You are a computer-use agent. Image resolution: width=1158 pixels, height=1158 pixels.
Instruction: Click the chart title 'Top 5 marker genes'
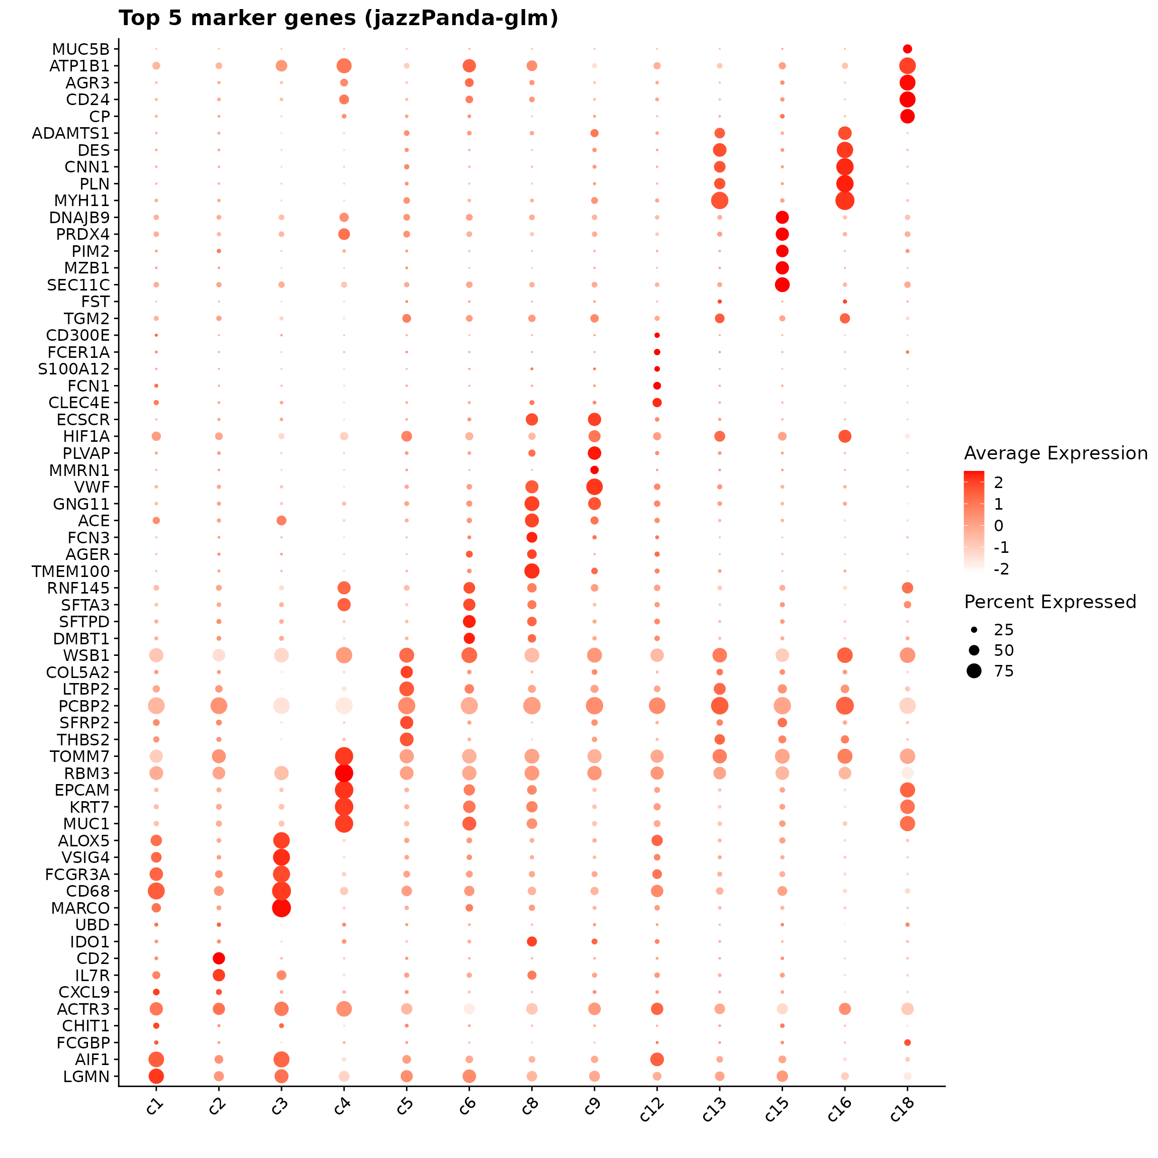pyautogui.click(x=338, y=19)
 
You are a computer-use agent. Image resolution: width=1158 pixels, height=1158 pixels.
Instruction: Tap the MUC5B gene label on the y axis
pyautogui.click(x=81, y=49)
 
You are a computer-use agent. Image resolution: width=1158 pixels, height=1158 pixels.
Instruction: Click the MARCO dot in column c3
pyautogui.click(x=281, y=908)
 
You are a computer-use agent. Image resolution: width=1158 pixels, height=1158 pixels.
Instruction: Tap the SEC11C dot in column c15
pyautogui.click(x=782, y=284)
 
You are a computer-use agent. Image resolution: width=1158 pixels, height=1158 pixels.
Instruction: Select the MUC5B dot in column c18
pyautogui.click(x=908, y=49)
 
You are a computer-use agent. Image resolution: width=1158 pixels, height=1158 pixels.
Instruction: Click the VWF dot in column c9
pyautogui.click(x=595, y=487)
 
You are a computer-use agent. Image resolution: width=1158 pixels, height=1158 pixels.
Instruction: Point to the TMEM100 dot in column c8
pyautogui.click(x=532, y=571)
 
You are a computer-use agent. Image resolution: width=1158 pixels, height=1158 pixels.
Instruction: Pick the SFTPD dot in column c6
pyautogui.click(x=469, y=622)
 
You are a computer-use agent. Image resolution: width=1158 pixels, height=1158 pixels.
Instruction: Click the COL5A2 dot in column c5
pyautogui.click(x=407, y=672)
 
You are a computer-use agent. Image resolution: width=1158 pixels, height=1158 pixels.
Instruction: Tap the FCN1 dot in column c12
pyautogui.click(x=657, y=386)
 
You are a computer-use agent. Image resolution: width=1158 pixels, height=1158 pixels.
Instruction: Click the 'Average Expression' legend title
pyautogui.click(x=1055, y=454)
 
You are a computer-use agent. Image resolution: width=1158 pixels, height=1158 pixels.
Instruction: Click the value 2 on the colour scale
pyautogui.click(x=998, y=482)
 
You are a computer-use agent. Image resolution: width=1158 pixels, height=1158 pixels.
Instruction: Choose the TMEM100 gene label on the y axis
pyautogui.click(x=71, y=571)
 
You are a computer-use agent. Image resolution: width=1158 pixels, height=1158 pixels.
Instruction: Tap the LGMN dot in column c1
pyautogui.click(x=156, y=1077)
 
